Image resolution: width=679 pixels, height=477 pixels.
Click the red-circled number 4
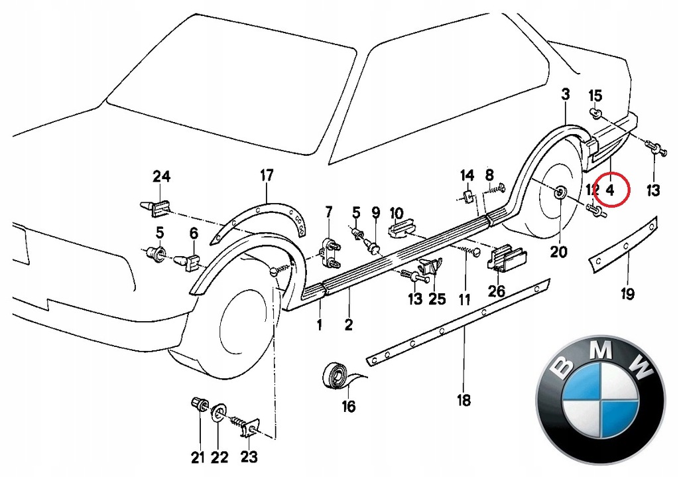pos(611,190)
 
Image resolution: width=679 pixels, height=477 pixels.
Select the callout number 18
pos(463,400)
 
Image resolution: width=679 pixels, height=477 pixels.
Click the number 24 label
pos(162,176)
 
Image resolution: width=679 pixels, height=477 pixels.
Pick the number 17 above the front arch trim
pos(266,176)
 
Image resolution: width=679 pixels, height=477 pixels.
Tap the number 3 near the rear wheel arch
pos(565,95)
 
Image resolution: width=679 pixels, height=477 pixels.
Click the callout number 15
pos(595,95)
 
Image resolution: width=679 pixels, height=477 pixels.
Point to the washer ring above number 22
pos(217,416)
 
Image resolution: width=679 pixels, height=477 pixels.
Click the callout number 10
pos(397,213)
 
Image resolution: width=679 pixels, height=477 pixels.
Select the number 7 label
pos(328,212)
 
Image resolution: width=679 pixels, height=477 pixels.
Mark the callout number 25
pos(437,299)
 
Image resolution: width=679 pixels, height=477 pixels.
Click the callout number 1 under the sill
pos(319,325)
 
